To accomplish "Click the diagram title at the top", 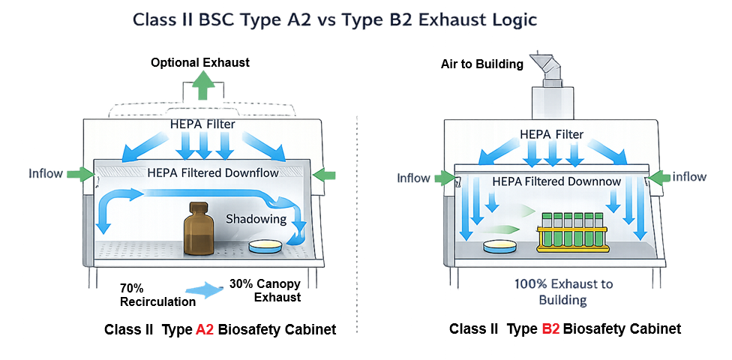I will coord(334,20).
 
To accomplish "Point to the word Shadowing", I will coord(256,219).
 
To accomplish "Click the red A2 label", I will coord(205,329).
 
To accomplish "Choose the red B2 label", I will coord(550,329).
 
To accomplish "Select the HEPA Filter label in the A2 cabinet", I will coord(202,124).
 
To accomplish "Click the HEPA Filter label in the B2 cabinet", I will coord(552,134).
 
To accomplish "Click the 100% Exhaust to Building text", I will coord(551,292).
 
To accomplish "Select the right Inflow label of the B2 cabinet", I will coord(690,178).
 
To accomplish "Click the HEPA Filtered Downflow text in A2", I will coord(213,173).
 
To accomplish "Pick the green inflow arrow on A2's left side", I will coord(80,174).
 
